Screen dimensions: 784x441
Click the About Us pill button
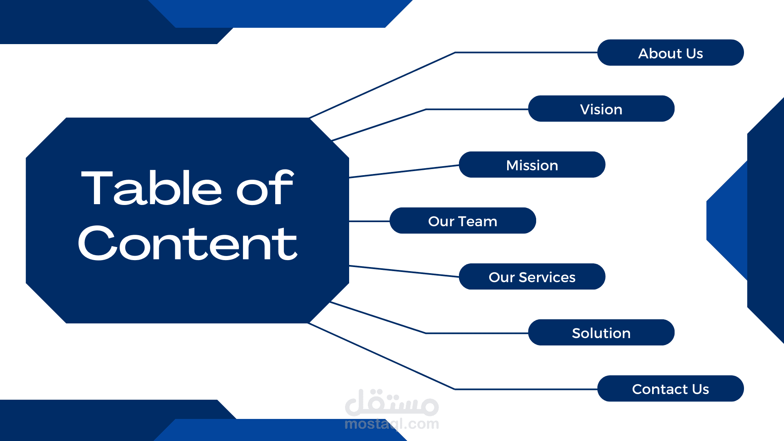pyautogui.click(x=670, y=53)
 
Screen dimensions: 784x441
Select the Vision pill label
pyautogui.click(x=601, y=109)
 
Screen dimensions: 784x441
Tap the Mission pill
pyautogui.click(x=532, y=165)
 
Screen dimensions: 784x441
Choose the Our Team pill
pyautogui.click(x=463, y=220)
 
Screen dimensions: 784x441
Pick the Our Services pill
pyautogui.click(x=532, y=276)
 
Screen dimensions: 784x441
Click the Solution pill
pyautogui.click(x=601, y=332)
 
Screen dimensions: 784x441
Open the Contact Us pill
pyautogui.click(x=670, y=388)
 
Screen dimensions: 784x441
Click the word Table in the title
pyautogui.click(x=151, y=188)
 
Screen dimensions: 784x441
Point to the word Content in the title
pyautogui.click(x=187, y=243)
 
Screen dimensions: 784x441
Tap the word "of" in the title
pyautogui.click(x=265, y=188)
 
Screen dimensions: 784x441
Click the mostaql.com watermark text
pyautogui.click(x=392, y=424)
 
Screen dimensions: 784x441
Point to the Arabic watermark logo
pyautogui.click(x=392, y=403)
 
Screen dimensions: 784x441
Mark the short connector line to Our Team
pyautogui.click(x=370, y=221)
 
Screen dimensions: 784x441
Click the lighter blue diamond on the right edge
pyautogui.click(x=727, y=220)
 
